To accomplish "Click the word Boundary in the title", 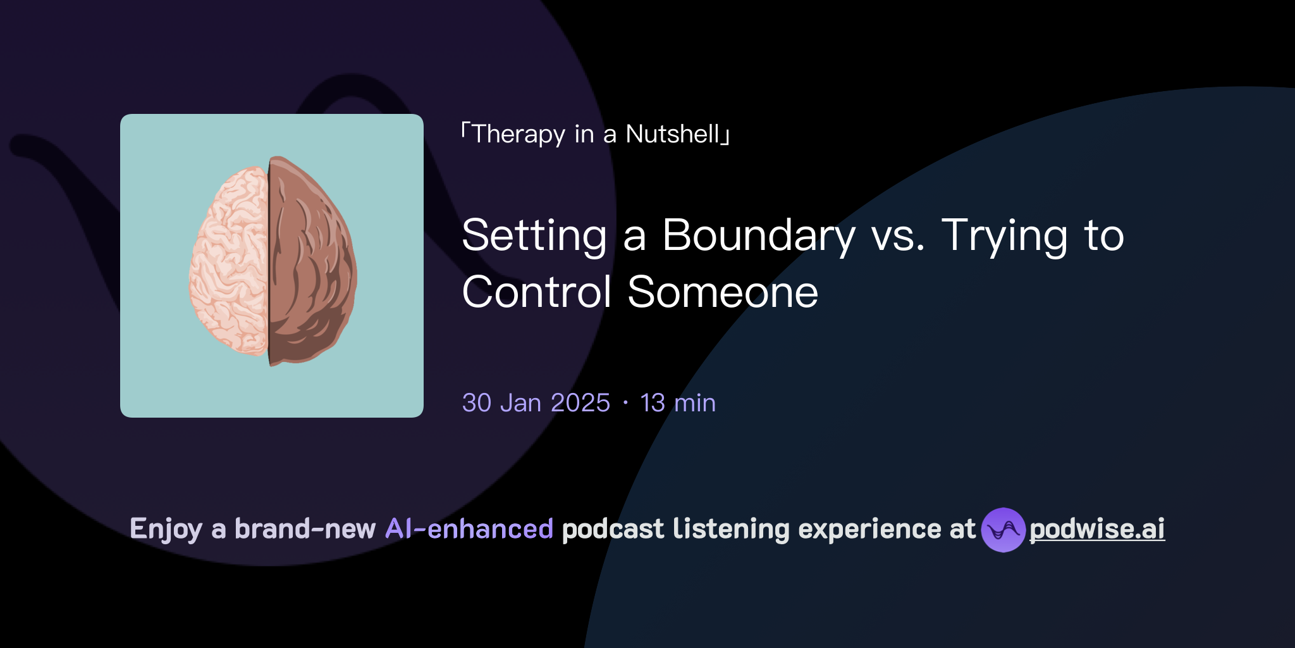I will pos(759,235).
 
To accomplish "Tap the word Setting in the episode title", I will pos(534,235).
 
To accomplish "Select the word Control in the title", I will pos(537,292).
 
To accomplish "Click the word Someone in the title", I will pos(723,292).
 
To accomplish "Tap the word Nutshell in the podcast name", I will pos(673,134).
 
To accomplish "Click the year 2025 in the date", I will pos(580,403).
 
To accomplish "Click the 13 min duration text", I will pos(678,403).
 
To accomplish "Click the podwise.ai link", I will pos(1097,529).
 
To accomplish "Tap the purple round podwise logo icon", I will pos(1003,530).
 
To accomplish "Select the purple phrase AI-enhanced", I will pos(469,529).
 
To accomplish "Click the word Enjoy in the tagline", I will pos(166,529).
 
